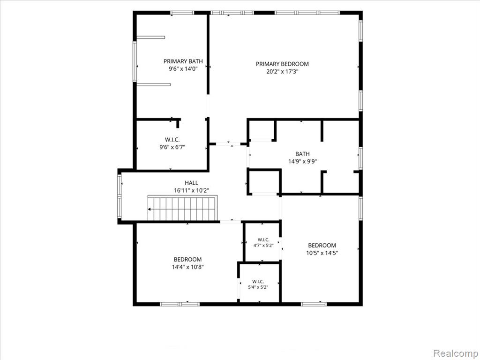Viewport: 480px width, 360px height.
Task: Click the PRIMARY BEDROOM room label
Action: coord(282,64)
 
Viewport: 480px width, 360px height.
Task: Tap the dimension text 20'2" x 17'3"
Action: coord(282,72)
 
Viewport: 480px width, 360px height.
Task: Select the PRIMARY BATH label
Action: coord(183,61)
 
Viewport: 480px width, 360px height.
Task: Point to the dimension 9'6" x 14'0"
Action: coord(183,69)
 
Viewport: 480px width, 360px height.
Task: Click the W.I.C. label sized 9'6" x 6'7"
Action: coord(172,140)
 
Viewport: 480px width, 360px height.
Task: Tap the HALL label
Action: coord(191,183)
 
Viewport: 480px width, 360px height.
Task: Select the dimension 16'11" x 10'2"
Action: coord(191,190)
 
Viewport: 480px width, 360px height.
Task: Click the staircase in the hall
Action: coord(182,209)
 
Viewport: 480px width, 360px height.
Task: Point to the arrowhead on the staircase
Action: coord(149,210)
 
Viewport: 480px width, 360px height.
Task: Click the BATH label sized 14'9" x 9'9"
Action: coord(302,154)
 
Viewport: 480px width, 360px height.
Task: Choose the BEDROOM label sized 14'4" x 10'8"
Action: coord(187,260)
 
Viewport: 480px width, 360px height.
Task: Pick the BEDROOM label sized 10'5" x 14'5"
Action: coord(322,245)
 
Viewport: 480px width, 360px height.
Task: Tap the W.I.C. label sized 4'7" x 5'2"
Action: coord(263,240)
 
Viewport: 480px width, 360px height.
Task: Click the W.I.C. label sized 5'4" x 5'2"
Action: coord(258,281)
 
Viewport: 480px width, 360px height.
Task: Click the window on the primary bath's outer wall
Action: coord(135,61)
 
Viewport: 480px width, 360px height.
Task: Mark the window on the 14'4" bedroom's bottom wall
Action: coord(180,304)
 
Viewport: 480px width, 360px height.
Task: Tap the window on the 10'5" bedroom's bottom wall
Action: coord(314,304)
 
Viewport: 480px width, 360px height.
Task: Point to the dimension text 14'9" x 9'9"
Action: coord(302,162)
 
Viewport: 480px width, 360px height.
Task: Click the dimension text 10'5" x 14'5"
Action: coord(322,253)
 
